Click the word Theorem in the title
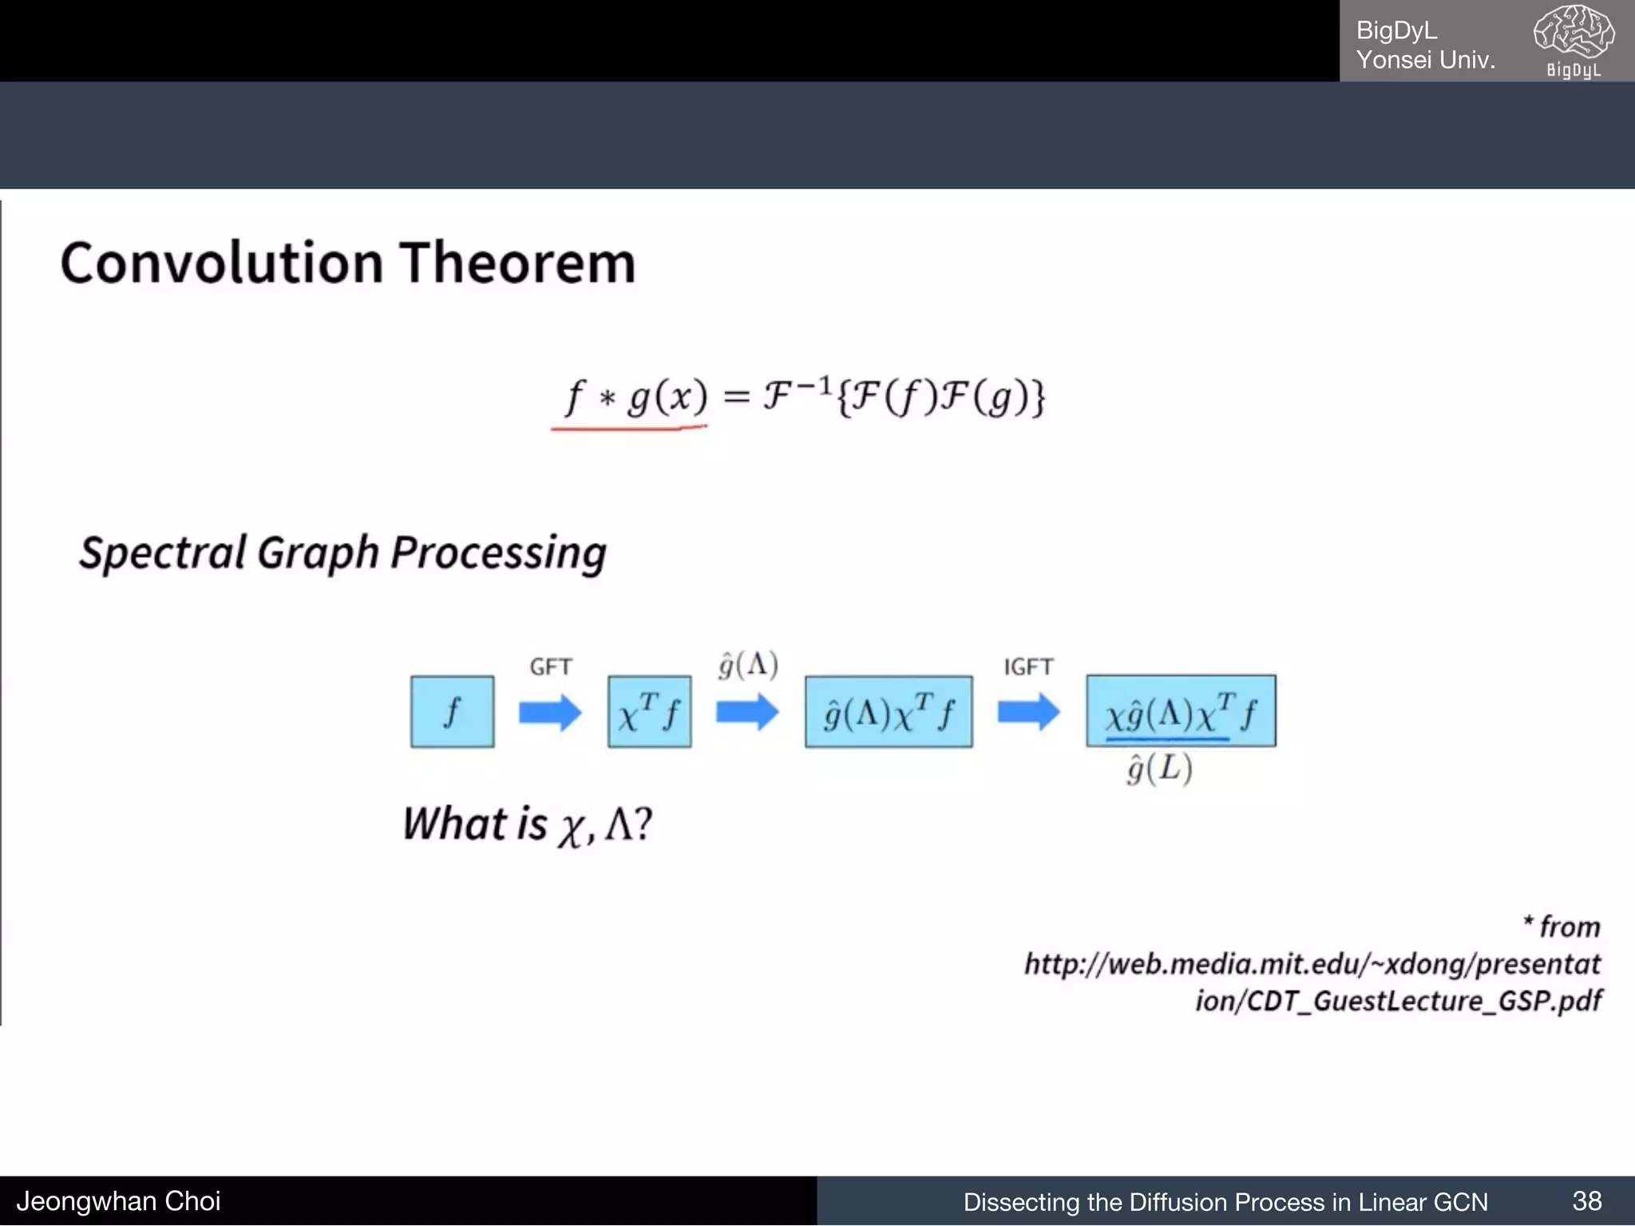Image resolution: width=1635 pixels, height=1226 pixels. tap(517, 263)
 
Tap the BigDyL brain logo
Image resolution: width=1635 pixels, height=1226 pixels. tap(1574, 40)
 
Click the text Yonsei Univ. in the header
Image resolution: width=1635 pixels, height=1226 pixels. tap(1426, 60)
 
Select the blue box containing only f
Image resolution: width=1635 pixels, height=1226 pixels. tap(452, 711)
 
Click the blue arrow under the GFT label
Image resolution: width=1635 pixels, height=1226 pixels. tap(550, 712)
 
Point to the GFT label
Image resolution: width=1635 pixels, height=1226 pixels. tap(550, 666)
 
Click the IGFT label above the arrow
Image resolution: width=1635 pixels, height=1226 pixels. tap(1028, 666)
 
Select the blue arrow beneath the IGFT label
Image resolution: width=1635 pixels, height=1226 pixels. tap(1028, 712)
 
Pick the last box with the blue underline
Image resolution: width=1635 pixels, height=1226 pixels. tap(1180, 711)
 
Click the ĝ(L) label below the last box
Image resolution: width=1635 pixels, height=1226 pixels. tap(1159, 769)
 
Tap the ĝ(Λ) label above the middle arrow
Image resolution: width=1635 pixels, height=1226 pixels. tap(747, 665)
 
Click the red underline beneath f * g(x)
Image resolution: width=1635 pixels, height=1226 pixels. tap(628, 429)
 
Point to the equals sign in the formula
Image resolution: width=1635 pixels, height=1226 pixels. tap(736, 397)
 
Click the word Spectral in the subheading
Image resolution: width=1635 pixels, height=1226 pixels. tap(163, 553)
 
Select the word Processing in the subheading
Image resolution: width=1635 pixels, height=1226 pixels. tap(498, 553)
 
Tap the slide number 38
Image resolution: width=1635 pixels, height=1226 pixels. tap(1586, 1200)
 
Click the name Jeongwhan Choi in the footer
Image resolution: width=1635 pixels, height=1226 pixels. tap(118, 1200)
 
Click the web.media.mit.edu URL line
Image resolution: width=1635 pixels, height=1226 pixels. tap(1312, 964)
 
